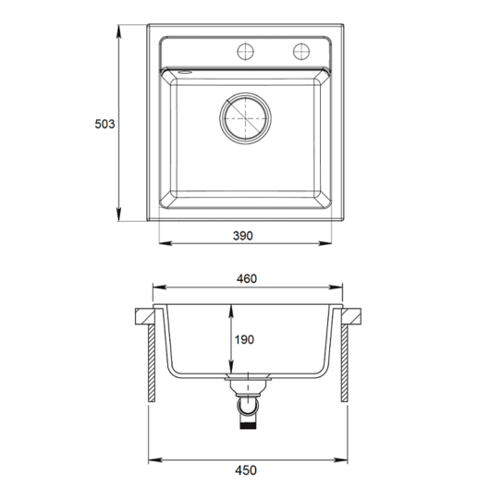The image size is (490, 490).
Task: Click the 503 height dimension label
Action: coord(104,124)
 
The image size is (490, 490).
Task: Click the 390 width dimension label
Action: coord(243,236)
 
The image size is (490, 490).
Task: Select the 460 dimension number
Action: coord(247,278)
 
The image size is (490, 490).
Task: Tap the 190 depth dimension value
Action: coord(244,339)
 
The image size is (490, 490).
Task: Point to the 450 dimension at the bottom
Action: coord(246,471)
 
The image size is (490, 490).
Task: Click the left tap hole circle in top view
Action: coord(246,51)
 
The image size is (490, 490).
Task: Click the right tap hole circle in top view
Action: coord(301,51)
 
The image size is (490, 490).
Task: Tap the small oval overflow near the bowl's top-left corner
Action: coord(185,72)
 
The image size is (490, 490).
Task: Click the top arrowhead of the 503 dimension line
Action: coord(118,31)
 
